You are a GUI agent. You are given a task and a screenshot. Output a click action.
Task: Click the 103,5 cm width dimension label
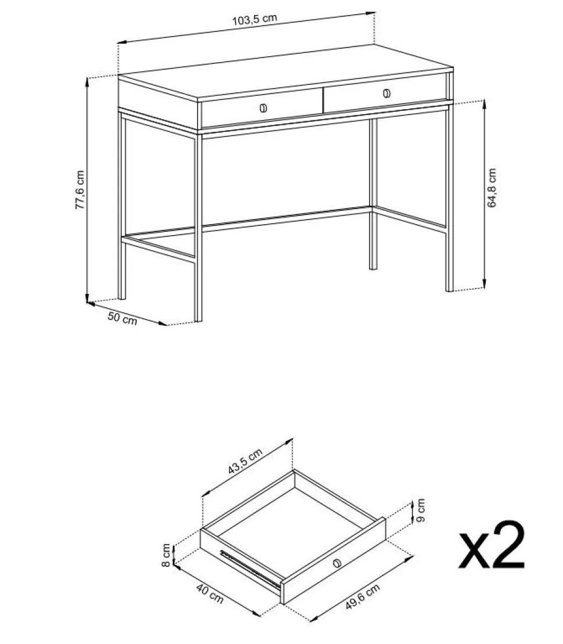(x=255, y=19)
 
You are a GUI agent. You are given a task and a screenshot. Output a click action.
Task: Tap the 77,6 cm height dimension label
(x=80, y=190)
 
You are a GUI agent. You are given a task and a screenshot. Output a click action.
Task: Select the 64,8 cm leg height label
(x=492, y=188)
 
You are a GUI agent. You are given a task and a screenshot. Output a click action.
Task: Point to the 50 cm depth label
(x=122, y=318)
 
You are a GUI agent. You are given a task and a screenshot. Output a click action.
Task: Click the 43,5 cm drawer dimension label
(x=245, y=461)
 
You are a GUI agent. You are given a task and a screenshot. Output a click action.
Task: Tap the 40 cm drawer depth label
(x=210, y=593)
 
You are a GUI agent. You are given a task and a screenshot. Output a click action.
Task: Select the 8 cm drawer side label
(x=166, y=555)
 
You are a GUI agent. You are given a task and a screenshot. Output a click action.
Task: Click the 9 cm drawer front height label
(x=420, y=510)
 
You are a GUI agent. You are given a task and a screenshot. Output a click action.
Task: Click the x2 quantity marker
(x=492, y=545)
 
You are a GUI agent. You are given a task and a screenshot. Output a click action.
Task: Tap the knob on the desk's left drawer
(x=263, y=109)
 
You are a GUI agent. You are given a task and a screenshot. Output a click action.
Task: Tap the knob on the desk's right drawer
(x=387, y=93)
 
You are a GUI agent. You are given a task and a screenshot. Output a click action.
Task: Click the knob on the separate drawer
(x=338, y=563)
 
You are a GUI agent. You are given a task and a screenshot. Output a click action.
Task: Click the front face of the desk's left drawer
(x=262, y=109)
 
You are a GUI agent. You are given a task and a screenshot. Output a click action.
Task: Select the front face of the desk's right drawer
(x=385, y=93)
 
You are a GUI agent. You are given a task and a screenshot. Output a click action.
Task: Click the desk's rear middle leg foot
(x=373, y=267)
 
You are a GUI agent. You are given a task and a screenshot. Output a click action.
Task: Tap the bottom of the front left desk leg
(x=198, y=319)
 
